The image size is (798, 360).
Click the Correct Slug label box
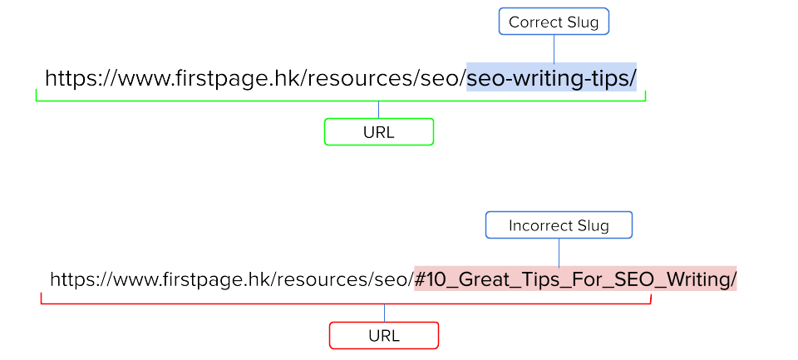point(554,22)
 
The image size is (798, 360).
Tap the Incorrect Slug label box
point(559,225)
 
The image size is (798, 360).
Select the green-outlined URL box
point(378,132)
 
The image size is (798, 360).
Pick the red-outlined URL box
point(383,336)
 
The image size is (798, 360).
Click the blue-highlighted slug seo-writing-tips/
point(551,78)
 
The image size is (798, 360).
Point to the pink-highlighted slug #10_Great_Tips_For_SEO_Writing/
point(575,279)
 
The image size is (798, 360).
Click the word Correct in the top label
point(534,22)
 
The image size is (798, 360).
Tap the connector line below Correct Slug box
point(554,48)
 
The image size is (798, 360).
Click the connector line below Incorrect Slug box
point(559,252)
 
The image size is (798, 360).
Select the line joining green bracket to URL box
point(378,110)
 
